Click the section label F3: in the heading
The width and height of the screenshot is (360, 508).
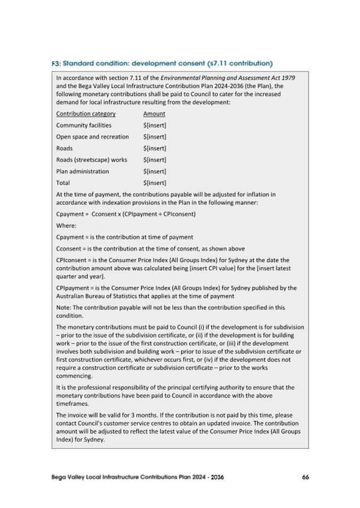tap(57, 64)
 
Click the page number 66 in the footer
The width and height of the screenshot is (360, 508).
tap(305, 477)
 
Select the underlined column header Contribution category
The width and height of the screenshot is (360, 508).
tap(86, 114)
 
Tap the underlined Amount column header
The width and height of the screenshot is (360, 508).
tap(154, 114)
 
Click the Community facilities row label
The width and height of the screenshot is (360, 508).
tap(84, 125)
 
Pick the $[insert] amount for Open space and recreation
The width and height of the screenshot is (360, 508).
tap(155, 137)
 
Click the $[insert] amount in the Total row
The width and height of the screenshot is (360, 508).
tap(155, 183)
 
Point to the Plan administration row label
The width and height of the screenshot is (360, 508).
tap(82, 172)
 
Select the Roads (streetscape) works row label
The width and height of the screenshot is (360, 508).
tap(91, 160)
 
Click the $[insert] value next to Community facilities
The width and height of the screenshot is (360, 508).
tap(155, 125)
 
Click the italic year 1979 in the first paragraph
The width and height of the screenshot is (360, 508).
tap(289, 77)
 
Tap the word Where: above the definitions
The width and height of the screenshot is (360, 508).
tap(66, 225)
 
